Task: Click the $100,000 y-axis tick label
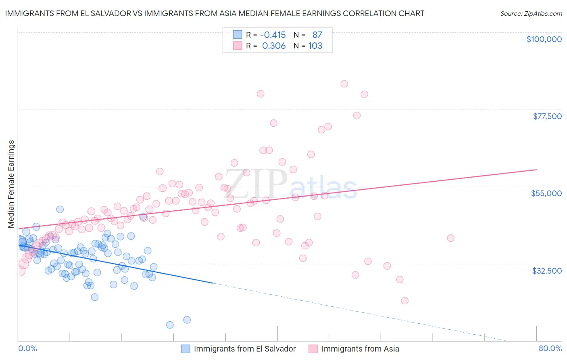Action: [544, 39]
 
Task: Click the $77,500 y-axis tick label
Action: [547, 116]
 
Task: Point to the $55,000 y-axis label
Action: [546, 193]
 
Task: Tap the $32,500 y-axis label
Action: [547, 271]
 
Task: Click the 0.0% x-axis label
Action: [27, 348]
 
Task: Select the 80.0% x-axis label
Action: [550, 348]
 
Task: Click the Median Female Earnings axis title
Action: [11, 184]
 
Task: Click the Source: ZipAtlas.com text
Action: [531, 14]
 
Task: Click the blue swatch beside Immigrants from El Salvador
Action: [186, 349]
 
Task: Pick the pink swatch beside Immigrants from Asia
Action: [313, 349]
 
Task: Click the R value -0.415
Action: [273, 35]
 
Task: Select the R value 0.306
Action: [274, 46]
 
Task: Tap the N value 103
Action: [315, 46]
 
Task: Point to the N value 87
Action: [317, 35]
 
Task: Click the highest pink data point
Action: [344, 84]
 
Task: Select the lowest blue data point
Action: [170, 325]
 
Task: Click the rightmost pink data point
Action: [450, 238]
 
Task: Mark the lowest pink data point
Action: [404, 301]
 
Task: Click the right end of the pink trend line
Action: [536, 170]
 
